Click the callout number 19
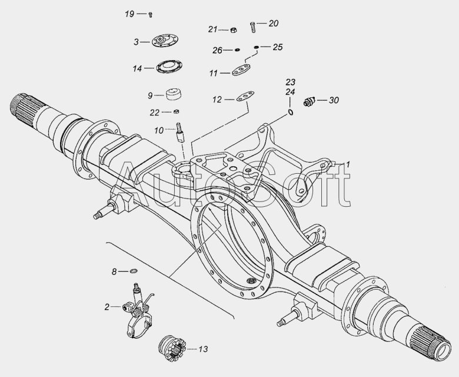(129, 14)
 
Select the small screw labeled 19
(151, 14)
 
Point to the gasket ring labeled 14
(169, 67)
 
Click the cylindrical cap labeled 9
(173, 94)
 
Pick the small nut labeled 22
(176, 111)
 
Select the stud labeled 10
(179, 133)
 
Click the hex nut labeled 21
(233, 30)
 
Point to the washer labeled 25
(256, 47)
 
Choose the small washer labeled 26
(237, 50)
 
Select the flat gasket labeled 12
(245, 97)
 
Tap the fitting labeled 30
(309, 101)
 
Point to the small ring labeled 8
(134, 271)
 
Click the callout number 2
(107, 307)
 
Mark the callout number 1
(348, 164)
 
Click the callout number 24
(290, 92)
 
